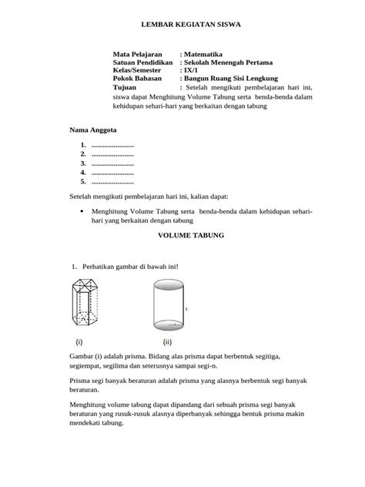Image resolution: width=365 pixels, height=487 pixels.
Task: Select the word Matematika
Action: click(x=207, y=55)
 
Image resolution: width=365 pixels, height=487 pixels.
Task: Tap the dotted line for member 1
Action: click(x=112, y=146)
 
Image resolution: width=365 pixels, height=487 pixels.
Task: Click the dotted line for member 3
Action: click(x=112, y=163)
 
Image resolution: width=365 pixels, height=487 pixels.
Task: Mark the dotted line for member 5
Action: click(x=112, y=182)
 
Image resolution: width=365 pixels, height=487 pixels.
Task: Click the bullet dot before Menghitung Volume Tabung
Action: click(x=82, y=210)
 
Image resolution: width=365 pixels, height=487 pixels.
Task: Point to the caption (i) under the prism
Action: click(x=79, y=341)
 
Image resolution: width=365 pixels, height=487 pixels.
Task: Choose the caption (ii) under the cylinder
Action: click(x=166, y=341)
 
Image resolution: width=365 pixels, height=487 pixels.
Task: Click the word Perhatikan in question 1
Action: click(x=99, y=267)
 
